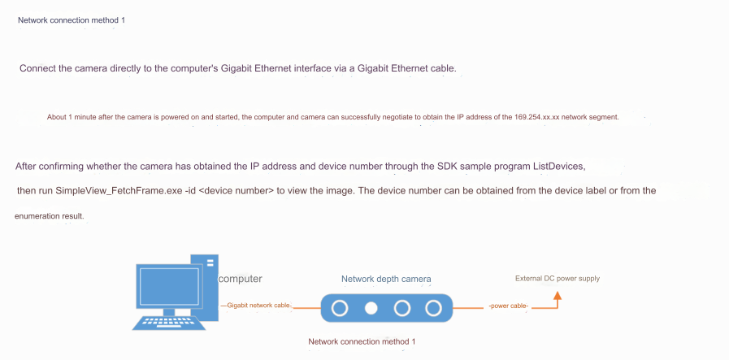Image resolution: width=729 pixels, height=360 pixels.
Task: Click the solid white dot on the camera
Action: click(371, 308)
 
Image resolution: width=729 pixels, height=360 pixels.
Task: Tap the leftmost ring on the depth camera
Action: click(340, 308)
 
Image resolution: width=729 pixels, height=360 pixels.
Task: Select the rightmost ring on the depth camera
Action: click(433, 308)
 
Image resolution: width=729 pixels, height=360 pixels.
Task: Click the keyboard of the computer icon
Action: click(169, 323)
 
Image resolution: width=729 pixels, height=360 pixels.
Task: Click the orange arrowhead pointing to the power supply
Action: click(558, 295)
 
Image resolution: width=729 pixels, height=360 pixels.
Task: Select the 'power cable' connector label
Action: click(509, 306)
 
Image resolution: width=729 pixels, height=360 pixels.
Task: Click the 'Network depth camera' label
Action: click(386, 279)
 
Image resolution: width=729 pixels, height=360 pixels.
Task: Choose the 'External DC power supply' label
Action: click(558, 279)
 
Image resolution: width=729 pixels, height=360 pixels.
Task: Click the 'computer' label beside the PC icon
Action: click(240, 279)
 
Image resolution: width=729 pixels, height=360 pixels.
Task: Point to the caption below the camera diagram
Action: click(362, 341)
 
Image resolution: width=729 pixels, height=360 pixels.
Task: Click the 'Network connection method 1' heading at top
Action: click(72, 20)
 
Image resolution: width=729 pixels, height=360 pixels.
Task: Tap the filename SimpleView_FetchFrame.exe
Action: click(119, 191)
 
